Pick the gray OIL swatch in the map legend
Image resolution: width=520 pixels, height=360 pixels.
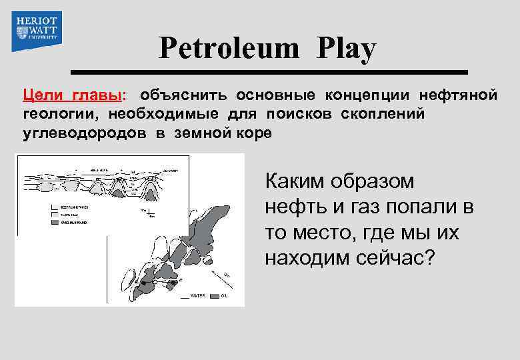[x=215, y=295]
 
